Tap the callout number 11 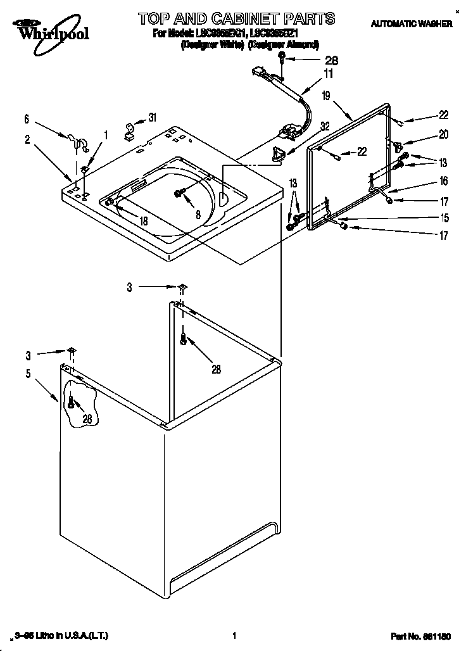pyautogui.click(x=328, y=75)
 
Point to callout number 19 pyautogui.click(x=325, y=96)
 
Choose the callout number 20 pyautogui.click(x=443, y=134)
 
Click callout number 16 pyautogui.click(x=443, y=181)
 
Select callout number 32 pyautogui.click(x=325, y=126)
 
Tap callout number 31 pyautogui.click(x=152, y=117)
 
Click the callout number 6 pyautogui.click(x=27, y=118)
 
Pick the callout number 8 pyautogui.click(x=198, y=215)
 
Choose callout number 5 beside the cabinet pyautogui.click(x=28, y=374)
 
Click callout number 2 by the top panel pyautogui.click(x=27, y=140)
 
